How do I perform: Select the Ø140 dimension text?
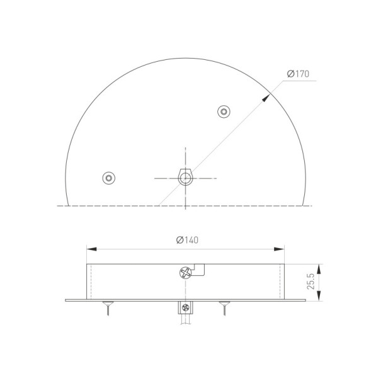[x=188, y=240]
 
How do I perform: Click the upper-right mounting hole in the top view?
[x=223, y=112]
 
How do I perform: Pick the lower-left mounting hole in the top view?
[x=109, y=178]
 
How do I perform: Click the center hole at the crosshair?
[x=185, y=178]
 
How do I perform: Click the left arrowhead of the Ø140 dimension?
[x=89, y=248]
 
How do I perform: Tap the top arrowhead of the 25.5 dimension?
[x=321, y=266]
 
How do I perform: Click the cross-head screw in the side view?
[x=185, y=273]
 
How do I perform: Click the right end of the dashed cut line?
[x=312, y=205]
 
